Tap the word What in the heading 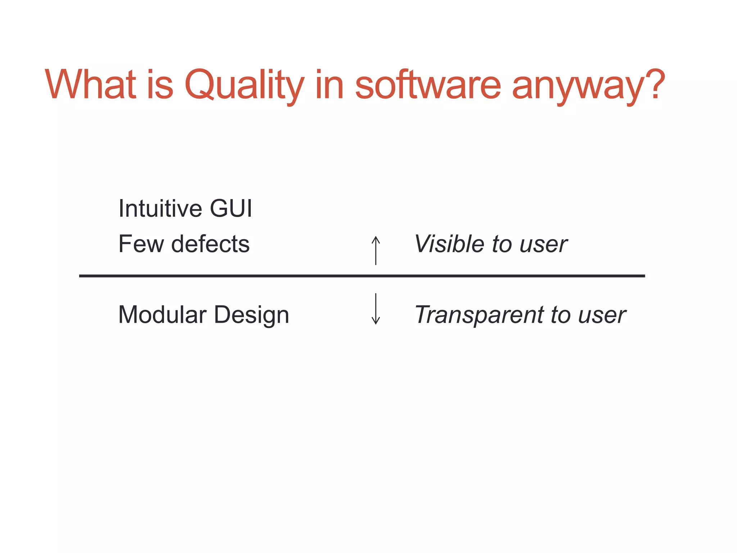click(x=90, y=84)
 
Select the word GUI click(x=231, y=208)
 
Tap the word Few click(x=141, y=244)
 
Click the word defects click(x=210, y=244)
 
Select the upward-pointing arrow click(x=376, y=250)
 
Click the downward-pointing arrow click(x=376, y=309)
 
